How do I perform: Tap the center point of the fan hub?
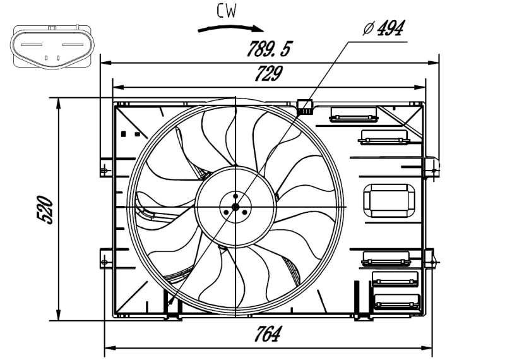[235, 207]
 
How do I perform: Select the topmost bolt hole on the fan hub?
[235, 196]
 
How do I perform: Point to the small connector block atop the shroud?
[305, 107]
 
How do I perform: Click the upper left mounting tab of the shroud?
[104, 169]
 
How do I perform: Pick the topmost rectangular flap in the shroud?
[353, 114]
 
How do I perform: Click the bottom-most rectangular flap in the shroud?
[396, 301]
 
